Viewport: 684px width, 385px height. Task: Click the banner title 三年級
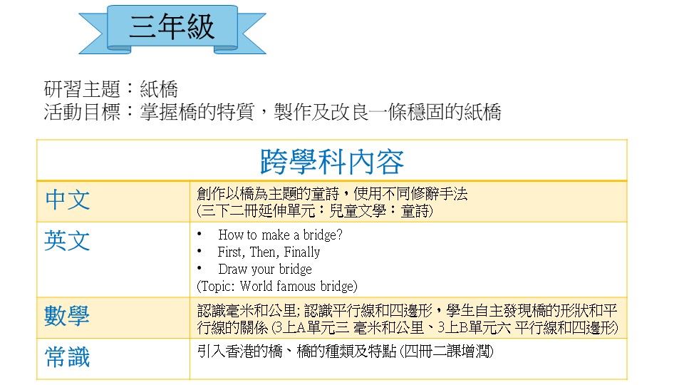172,26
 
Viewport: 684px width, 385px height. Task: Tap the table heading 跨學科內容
332,162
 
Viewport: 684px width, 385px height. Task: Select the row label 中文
68,200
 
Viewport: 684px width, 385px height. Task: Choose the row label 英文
68,240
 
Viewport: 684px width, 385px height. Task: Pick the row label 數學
68,316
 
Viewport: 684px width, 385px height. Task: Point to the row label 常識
68,356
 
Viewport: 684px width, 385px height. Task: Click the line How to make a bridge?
280,235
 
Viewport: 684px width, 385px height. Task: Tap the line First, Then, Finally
269,252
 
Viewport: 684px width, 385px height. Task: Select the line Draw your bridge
265,269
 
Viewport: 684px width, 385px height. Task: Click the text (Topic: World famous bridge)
277,287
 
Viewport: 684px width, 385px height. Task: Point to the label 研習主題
82,90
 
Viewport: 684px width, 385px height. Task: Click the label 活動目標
82,112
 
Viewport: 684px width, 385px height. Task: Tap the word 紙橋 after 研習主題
159,90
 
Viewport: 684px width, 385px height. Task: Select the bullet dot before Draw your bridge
199,268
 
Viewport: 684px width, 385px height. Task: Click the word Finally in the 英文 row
302,252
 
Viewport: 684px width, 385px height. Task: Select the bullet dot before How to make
199,234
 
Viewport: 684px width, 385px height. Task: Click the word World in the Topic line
256,287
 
